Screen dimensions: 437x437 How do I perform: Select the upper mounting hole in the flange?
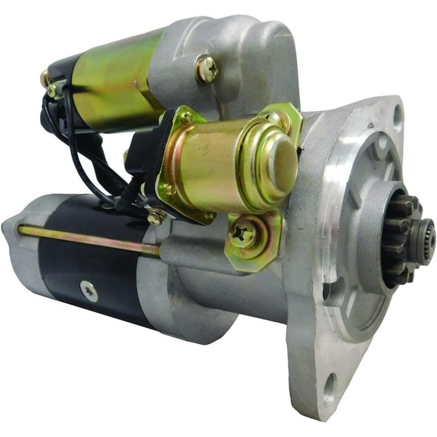pos(397,116)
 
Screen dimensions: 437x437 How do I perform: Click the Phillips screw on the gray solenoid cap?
pos(207,69)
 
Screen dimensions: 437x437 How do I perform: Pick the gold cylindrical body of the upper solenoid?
pos(109,82)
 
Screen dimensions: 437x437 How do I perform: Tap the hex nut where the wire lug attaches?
pos(156,217)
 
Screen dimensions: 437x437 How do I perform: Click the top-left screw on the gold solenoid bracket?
pos(187,117)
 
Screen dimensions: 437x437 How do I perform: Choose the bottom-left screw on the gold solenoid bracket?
pos(168,190)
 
